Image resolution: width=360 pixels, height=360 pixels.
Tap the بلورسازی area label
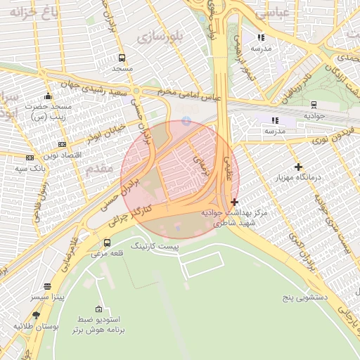coord(160,36)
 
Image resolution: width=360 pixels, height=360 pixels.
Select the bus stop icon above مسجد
coord(122,58)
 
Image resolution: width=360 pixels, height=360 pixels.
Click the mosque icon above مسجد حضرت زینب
coord(47,96)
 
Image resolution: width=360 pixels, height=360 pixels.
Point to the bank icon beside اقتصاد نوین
coord(30,157)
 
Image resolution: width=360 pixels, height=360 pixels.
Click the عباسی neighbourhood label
coord(262,13)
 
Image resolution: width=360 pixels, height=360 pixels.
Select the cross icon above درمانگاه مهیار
coord(299,167)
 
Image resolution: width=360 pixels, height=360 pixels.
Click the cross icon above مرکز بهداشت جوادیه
coord(234,202)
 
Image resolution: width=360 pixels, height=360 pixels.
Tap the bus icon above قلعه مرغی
coord(107,243)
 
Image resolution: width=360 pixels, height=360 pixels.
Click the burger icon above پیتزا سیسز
coord(47,287)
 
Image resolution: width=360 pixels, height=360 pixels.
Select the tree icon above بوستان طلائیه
coord(36,316)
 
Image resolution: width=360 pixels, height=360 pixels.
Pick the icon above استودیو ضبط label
coord(98,310)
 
